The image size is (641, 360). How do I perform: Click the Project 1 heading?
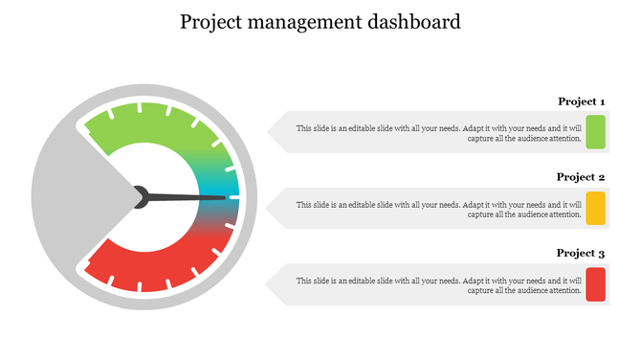[x=581, y=101]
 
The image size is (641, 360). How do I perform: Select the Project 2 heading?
[x=581, y=177]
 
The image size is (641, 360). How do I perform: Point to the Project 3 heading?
[x=581, y=254]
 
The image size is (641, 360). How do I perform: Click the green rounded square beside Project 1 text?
[x=595, y=132]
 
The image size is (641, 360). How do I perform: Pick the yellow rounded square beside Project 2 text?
[x=595, y=208]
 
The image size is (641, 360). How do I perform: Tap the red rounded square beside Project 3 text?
[x=595, y=284]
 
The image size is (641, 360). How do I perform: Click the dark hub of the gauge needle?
[x=141, y=196]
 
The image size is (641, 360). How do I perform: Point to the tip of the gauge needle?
[x=225, y=198]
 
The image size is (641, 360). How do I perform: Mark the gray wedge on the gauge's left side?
[x=67, y=196]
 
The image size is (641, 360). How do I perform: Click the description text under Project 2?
[x=438, y=209]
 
